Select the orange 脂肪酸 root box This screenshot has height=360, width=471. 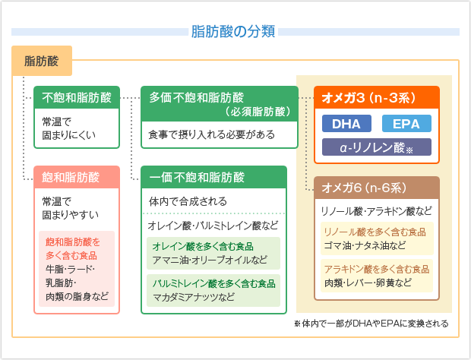[x=42, y=60]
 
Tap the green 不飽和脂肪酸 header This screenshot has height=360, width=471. [x=77, y=97]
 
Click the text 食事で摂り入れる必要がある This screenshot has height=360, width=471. [x=211, y=133]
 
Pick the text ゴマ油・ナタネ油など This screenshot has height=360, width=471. [x=365, y=245]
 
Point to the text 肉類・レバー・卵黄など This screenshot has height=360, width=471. [x=368, y=283]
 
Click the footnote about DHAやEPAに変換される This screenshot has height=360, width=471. [x=371, y=324]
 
